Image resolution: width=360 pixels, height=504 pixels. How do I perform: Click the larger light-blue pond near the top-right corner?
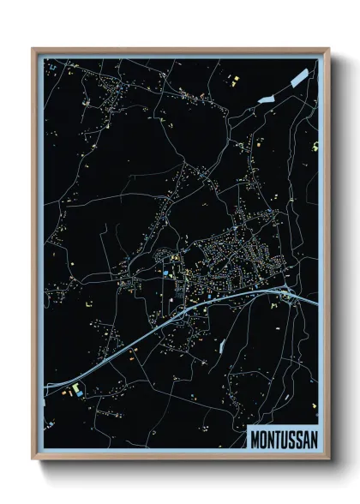pos(298,78)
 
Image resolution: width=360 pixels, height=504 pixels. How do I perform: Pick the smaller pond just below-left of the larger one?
pos(264,99)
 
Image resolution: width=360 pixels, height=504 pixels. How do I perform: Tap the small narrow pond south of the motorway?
pos(222,347)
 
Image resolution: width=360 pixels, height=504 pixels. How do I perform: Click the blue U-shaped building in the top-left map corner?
pos(51,67)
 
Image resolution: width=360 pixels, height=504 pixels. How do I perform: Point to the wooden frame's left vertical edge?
pos(33,257)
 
